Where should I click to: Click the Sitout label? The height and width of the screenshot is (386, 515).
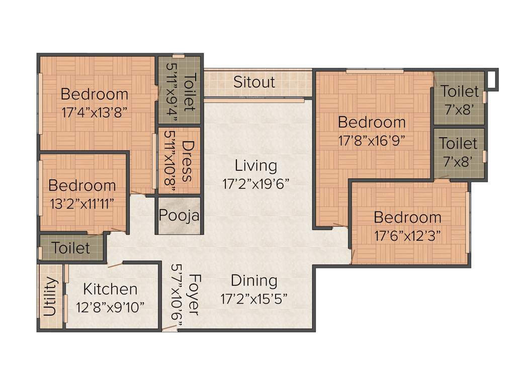[254, 82]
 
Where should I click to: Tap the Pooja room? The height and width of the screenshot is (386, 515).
[179, 215]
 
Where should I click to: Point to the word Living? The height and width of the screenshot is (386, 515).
[256, 165]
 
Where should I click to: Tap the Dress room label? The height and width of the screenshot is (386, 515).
[187, 161]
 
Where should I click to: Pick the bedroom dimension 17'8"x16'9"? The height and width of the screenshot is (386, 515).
[372, 140]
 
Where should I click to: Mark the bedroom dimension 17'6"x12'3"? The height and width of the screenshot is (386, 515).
[407, 235]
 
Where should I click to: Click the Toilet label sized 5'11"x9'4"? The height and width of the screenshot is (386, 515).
[190, 91]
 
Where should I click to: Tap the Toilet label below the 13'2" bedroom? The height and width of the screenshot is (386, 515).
[71, 248]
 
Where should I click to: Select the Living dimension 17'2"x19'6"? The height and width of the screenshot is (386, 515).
[256, 183]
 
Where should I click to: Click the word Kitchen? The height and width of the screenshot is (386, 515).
[110, 289]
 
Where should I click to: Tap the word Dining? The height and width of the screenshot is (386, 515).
[254, 280]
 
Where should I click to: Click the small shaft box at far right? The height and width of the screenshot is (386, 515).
[492, 79]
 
